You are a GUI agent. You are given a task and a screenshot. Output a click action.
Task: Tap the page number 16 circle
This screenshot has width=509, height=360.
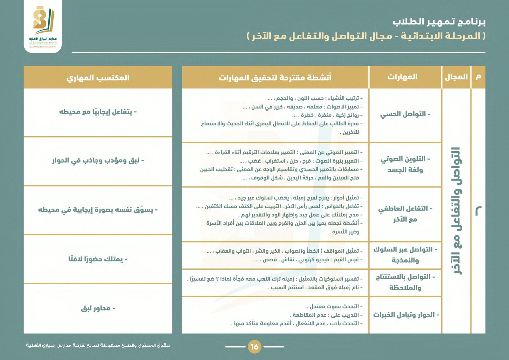click(x=254, y=347)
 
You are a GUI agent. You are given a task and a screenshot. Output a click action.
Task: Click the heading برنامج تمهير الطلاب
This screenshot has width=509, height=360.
click(x=439, y=22)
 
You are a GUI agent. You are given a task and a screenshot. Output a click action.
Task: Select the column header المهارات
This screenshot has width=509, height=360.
click(x=402, y=77)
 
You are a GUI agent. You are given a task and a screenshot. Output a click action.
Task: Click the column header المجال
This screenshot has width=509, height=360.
click(x=456, y=77)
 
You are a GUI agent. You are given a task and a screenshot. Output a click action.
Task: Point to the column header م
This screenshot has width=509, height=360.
click(x=478, y=77)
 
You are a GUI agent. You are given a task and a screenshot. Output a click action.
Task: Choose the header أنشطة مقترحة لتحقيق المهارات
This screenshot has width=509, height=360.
click(x=275, y=78)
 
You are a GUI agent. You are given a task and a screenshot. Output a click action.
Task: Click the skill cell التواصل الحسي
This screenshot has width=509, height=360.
click(x=405, y=114)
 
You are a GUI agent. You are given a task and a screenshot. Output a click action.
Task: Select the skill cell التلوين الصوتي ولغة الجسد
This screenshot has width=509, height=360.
click(x=405, y=164)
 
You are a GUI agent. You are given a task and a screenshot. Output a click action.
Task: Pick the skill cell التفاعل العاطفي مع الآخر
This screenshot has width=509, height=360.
click(x=405, y=214)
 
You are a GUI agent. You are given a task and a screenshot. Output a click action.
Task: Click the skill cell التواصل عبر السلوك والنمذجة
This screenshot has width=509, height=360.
click(x=405, y=255)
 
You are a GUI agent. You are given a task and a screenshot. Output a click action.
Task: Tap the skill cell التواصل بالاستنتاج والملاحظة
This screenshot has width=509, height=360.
click(x=405, y=282)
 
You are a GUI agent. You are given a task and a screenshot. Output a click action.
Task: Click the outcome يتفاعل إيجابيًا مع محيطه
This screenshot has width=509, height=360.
click(x=98, y=112)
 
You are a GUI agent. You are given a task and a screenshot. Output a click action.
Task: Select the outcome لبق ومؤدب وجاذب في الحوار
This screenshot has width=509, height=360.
click(x=98, y=161)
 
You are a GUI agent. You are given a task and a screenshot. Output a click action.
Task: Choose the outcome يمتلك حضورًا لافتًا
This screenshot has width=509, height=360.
click(x=98, y=259)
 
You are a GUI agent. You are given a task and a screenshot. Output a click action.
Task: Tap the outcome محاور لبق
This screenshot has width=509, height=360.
click(x=98, y=308)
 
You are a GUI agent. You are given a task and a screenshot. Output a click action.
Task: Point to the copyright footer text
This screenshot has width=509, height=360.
click(x=98, y=345)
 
